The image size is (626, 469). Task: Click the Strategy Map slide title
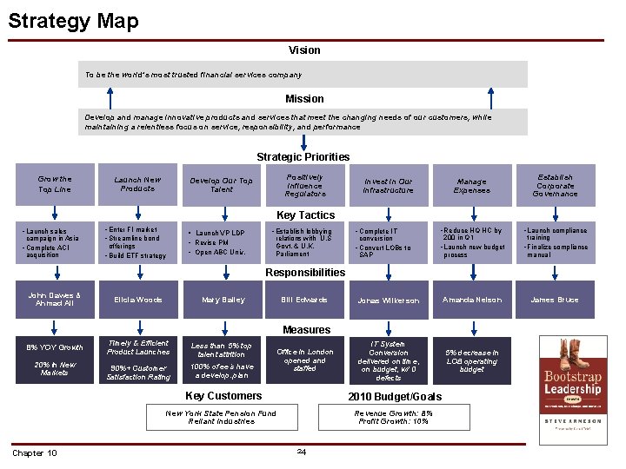click(73, 20)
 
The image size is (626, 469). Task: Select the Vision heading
click(304, 50)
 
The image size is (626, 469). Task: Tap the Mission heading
click(304, 99)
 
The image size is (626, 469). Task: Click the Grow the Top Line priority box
click(55, 184)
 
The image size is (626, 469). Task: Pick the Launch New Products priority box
click(137, 184)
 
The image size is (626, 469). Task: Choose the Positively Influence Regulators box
click(304, 184)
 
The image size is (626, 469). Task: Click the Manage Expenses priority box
click(471, 185)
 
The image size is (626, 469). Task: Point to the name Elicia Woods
click(137, 300)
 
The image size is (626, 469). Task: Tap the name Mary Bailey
click(223, 300)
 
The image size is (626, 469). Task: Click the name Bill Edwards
click(304, 300)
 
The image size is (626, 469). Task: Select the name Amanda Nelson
click(471, 300)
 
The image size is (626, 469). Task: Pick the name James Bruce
click(555, 300)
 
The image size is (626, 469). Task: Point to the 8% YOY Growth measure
click(55, 347)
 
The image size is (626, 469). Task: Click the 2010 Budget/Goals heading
click(394, 396)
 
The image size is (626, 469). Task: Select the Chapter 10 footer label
click(35, 453)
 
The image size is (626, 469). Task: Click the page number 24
click(301, 451)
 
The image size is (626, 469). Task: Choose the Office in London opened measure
click(304, 360)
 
